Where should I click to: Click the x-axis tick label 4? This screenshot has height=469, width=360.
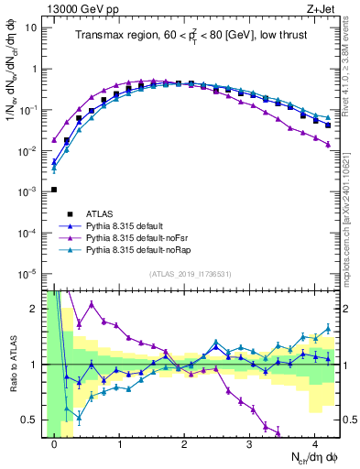pos(314,446)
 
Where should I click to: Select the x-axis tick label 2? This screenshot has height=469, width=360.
pos(184,446)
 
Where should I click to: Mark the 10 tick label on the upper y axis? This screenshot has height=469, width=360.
pos(29,27)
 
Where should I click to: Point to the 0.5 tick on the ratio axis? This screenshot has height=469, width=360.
pos(30,420)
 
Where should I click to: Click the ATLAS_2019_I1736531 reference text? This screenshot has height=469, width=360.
pos(186,275)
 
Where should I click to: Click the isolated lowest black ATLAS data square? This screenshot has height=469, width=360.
pos(54,190)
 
